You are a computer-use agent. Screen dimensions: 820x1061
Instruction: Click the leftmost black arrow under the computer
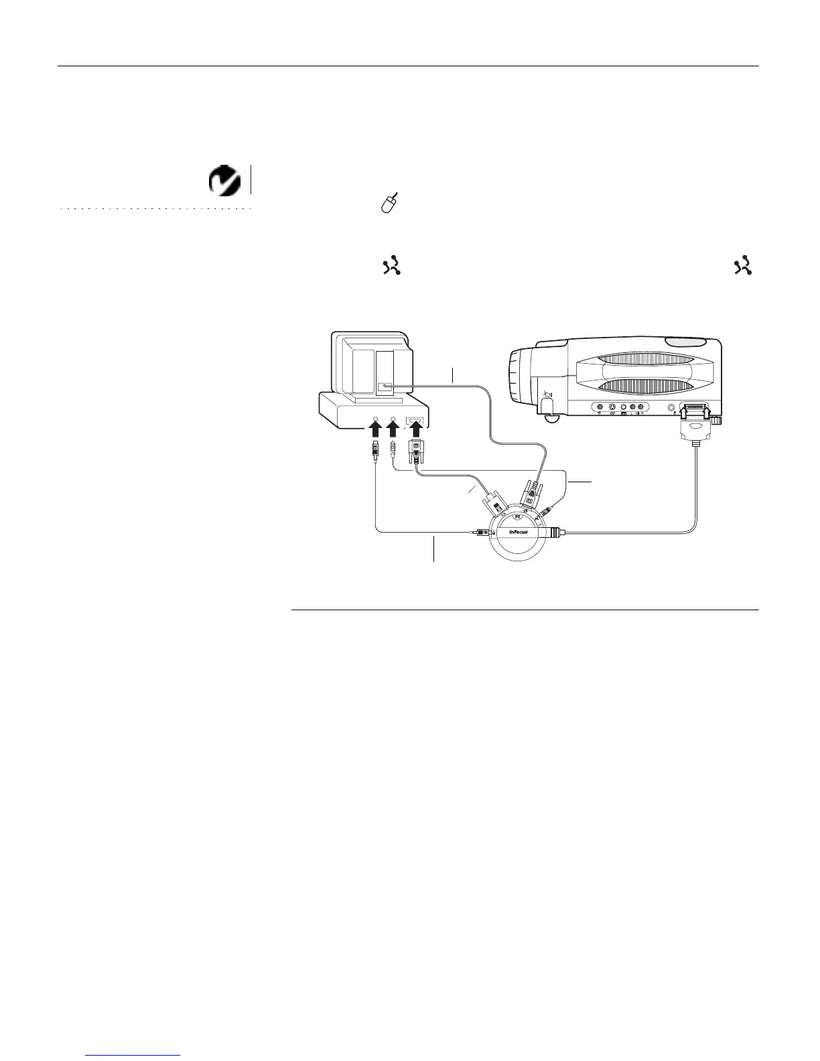click(x=375, y=433)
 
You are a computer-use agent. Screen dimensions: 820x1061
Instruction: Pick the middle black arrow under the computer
click(x=393, y=433)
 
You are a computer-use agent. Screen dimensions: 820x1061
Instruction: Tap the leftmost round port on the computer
click(x=375, y=421)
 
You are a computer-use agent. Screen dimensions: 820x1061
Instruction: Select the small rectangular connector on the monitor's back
click(x=387, y=386)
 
